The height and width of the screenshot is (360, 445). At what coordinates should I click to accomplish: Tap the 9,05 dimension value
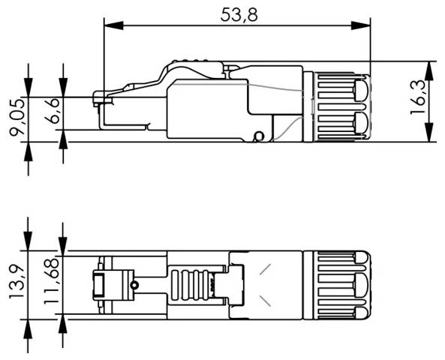(15, 119)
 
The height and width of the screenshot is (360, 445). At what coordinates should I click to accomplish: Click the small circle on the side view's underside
(260, 136)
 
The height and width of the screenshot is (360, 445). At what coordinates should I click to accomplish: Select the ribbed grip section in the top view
(190, 285)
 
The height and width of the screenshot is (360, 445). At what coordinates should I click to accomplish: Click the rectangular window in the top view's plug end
(99, 286)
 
